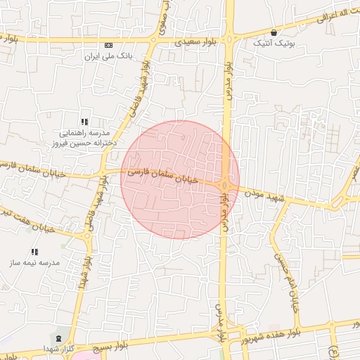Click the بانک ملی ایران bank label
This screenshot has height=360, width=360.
(108, 56)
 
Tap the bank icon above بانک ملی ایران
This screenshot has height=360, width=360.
(108, 46)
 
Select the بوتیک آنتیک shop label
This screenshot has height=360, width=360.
(274, 43)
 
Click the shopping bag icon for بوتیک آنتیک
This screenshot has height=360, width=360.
(274, 32)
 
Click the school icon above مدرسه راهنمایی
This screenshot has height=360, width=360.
(84, 122)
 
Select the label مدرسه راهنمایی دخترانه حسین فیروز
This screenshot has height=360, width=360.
(83, 138)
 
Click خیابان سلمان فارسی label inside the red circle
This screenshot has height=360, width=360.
(168, 176)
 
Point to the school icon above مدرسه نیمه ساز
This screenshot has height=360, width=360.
(34, 252)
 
